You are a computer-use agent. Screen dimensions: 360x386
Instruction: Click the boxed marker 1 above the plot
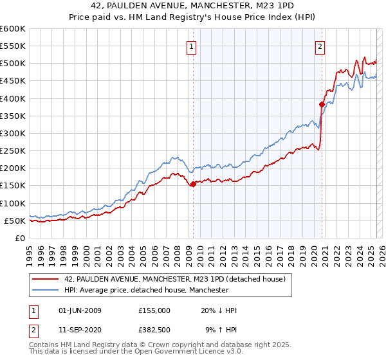(x=192, y=46)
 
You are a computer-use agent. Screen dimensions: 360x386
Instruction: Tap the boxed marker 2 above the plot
(x=320, y=46)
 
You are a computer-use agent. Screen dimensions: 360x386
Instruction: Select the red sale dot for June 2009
(x=193, y=184)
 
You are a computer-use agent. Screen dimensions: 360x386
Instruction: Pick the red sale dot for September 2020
(x=322, y=104)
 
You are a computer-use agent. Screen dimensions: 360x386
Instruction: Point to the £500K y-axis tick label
(x=12, y=64)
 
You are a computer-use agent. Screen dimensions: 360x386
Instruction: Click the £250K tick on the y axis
(x=12, y=151)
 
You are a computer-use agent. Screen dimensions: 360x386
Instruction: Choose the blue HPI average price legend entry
(x=147, y=290)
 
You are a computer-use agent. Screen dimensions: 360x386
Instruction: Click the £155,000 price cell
(x=154, y=310)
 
